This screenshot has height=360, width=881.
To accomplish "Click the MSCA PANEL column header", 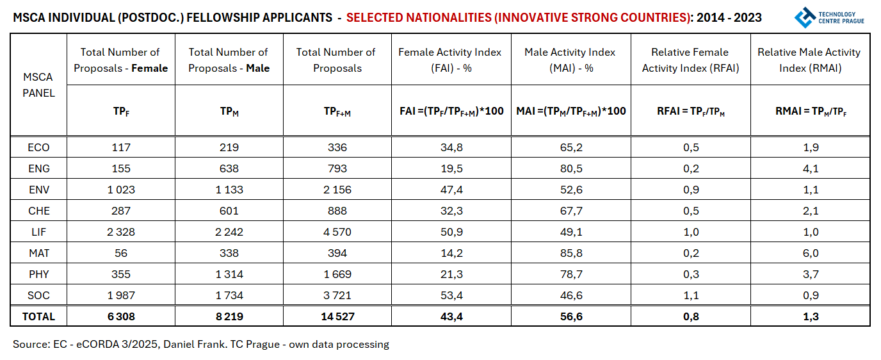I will tap(38, 85).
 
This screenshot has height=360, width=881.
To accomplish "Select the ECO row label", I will tap(38, 147).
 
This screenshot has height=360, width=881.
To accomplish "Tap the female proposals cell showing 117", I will tap(120, 147).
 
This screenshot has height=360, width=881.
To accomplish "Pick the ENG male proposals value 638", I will tap(229, 168).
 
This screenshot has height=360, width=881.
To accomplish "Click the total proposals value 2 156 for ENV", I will tap(337, 190).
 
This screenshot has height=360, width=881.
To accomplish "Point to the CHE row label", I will tap(38, 211).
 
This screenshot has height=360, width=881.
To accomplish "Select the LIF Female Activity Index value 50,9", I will tap(451, 232).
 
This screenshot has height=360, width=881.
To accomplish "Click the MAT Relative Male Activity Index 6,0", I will tap(810, 253).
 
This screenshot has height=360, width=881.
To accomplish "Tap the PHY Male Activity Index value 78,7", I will tap(570, 274).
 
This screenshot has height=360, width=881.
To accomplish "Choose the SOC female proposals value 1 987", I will tap(120, 295).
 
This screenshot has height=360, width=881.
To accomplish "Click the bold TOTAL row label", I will tap(38, 316).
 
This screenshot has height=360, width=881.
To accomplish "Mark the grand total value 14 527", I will tap(337, 316).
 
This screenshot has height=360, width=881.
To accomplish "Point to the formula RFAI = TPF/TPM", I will tap(690, 111).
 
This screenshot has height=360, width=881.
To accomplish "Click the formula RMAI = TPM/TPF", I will tap(810, 111).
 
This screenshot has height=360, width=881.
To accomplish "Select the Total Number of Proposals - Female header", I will tap(120, 60).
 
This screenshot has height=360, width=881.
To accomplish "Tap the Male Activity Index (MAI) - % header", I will tap(570, 60).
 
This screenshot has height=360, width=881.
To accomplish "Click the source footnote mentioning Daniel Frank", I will tap(200, 345).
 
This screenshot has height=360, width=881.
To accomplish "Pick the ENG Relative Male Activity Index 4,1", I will tap(810, 168).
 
